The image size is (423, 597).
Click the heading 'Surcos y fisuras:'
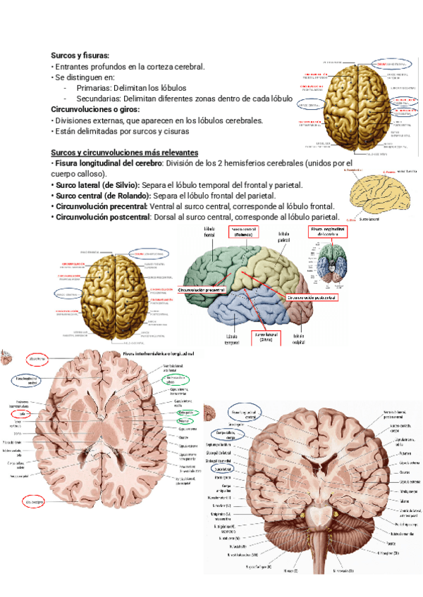80,55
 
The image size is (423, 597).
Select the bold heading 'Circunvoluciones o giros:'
96,110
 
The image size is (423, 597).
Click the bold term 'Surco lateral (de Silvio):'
97,184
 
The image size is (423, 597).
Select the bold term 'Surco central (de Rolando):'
102,195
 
